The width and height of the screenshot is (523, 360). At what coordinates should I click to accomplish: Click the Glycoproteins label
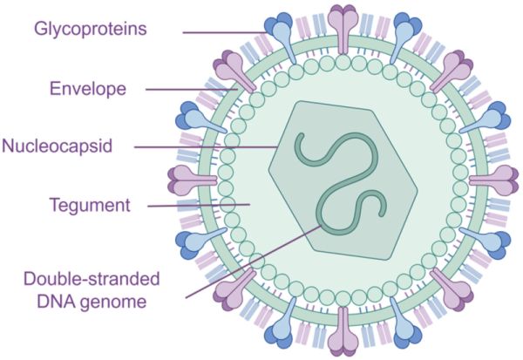click(x=91, y=30)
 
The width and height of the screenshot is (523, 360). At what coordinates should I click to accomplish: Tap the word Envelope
click(x=88, y=89)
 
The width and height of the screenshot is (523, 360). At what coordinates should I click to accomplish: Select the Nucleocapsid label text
click(x=57, y=146)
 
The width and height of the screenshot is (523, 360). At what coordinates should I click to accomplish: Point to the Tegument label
click(x=90, y=205)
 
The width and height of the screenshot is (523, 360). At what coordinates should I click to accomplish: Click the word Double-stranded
click(x=92, y=279)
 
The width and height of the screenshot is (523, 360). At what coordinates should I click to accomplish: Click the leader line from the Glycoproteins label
click(x=225, y=32)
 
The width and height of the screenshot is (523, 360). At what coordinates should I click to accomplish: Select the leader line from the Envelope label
click(x=192, y=90)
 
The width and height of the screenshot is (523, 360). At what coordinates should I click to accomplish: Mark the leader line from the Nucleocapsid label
click(x=206, y=146)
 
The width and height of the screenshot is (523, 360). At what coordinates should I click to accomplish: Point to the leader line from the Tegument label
click(x=199, y=206)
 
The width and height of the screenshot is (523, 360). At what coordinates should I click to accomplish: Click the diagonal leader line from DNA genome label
click(x=254, y=262)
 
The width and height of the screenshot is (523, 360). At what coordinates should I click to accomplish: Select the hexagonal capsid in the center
click(x=343, y=180)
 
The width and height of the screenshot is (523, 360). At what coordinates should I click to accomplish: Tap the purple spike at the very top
click(x=343, y=29)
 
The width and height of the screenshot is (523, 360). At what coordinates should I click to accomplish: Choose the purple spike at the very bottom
click(x=343, y=331)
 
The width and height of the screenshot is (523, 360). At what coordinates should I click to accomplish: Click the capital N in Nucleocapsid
click(x=8, y=146)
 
